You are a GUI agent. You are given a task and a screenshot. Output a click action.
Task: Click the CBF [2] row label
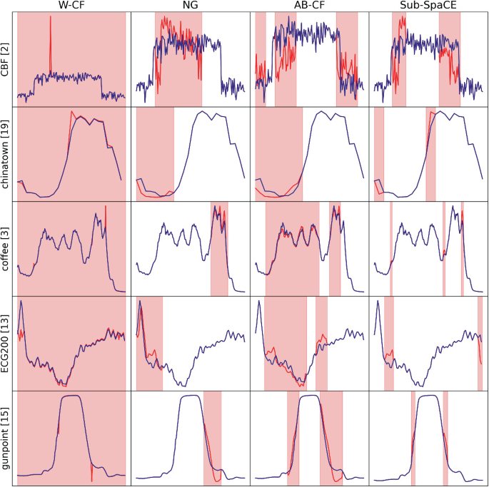click(x=6, y=59)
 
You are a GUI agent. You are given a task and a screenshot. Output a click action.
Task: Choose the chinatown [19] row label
click(x=6, y=154)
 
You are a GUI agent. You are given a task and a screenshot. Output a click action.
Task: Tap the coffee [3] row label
click(x=6, y=249)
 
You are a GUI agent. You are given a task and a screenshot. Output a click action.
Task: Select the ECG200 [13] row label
click(x=6, y=343)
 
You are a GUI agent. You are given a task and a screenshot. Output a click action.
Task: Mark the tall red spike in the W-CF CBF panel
click(x=51, y=29)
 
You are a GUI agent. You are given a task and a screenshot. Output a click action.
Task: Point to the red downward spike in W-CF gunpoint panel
click(x=92, y=472)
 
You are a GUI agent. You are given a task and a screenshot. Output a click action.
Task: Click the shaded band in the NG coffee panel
click(x=219, y=249)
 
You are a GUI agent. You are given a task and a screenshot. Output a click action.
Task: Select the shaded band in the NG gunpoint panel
click(x=213, y=439)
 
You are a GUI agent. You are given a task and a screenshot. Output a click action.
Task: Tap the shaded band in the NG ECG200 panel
click(x=149, y=343)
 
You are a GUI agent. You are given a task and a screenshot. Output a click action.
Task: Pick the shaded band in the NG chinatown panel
click(x=155, y=154)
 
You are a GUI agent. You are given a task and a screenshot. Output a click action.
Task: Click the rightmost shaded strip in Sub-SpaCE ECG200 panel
click(x=480, y=343)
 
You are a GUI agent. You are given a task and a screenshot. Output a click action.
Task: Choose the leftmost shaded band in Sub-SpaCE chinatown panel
click(x=378, y=154)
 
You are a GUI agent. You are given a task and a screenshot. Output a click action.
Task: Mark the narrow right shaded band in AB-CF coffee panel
click(x=335, y=249)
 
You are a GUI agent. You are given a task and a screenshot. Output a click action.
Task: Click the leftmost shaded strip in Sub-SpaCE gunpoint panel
click(x=413, y=439)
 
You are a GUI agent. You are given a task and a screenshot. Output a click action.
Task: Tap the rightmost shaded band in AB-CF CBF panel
click(x=347, y=59)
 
